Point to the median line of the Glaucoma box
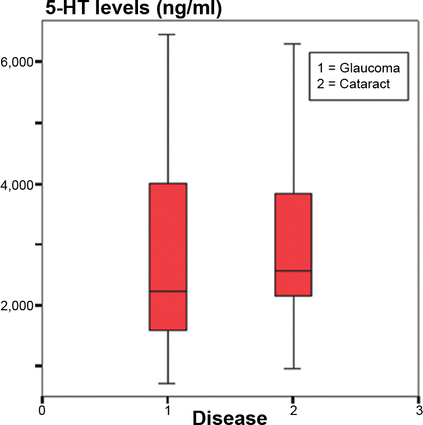pyautogui.click(x=168, y=291)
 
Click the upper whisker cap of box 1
pyautogui.click(x=168, y=35)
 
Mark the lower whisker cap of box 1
pyautogui.click(x=168, y=383)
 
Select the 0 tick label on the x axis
pyautogui.click(x=42, y=410)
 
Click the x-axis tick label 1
pyautogui.click(x=168, y=410)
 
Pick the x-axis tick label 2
pyautogui.click(x=293, y=410)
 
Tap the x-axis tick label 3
pyautogui.click(x=418, y=410)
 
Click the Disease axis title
pyautogui.click(x=230, y=417)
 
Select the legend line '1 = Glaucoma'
pyautogui.click(x=359, y=69)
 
